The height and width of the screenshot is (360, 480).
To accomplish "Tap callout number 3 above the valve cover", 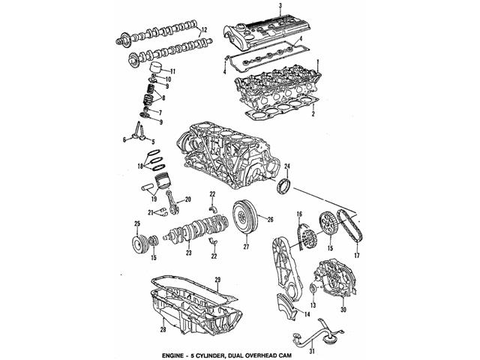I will [x=280, y=6].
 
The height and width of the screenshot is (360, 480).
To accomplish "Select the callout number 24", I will [x=286, y=166].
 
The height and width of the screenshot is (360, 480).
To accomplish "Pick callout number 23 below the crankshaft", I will [x=188, y=253].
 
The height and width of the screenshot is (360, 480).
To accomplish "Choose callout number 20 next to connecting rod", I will [x=188, y=199].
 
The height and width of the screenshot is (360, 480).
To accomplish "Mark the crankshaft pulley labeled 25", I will [x=137, y=245].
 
